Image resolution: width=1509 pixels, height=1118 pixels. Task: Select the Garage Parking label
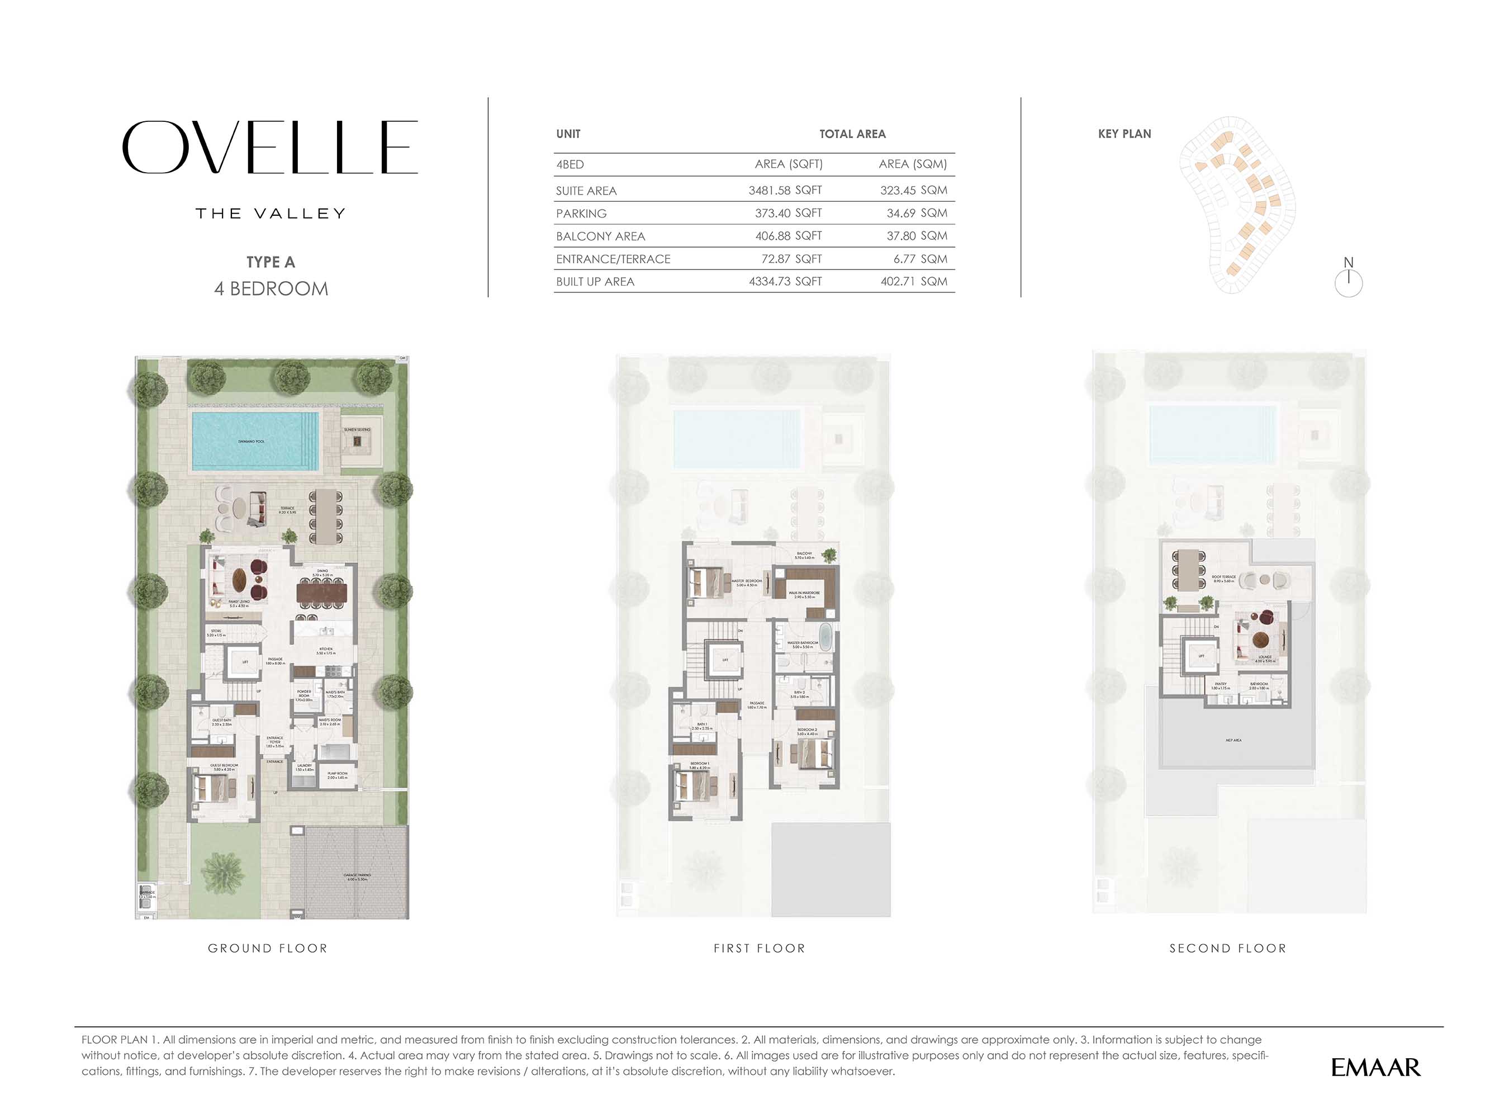click(357, 877)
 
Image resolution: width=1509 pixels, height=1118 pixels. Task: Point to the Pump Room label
click(337, 775)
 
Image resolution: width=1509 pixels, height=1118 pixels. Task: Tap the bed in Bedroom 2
click(812, 752)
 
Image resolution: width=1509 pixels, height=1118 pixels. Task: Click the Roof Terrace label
click(1223, 579)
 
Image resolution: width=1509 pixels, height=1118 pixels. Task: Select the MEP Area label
click(1233, 740)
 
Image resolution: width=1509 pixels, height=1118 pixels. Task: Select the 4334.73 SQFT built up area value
click(785, 282)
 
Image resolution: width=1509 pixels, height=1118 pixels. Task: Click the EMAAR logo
click(1375, 1068)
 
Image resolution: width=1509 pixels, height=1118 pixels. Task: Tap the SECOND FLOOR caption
click(1227, 948)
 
